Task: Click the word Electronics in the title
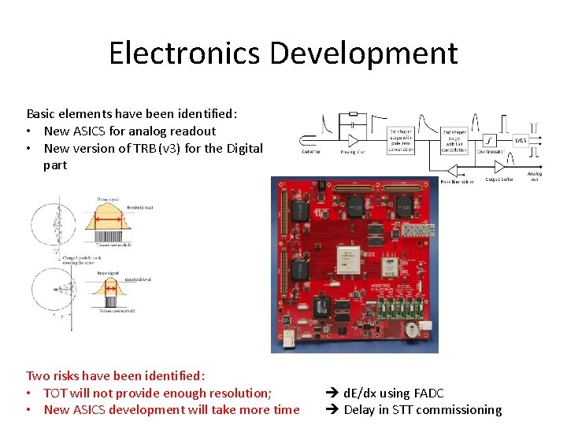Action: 185,54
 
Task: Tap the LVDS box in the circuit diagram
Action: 521,141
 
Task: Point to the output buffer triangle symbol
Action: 498,167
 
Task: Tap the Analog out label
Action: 534,176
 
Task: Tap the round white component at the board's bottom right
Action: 410,328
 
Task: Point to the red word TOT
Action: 55,393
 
